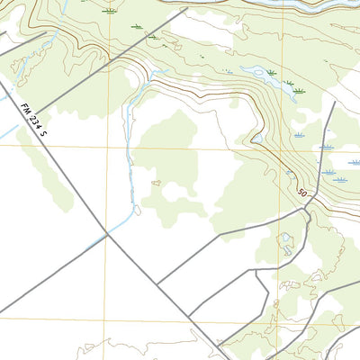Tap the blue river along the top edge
(x=297, y=4)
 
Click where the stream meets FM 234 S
(x=107, y=235)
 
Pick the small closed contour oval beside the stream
(x=156, y=183)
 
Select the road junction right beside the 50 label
(x=310, y=203)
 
